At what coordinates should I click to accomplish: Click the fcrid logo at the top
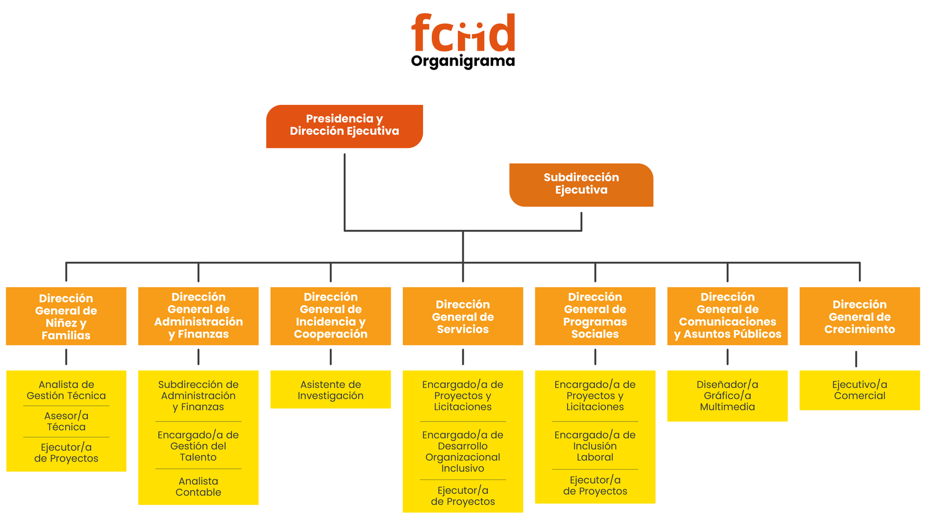coord(463,34)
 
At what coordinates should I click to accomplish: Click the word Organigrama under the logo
coord(463,61)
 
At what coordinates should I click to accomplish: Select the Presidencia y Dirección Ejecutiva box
coord(344,126)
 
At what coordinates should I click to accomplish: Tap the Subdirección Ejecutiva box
coord(581,184)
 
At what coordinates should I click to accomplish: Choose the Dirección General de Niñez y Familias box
coord(66,316)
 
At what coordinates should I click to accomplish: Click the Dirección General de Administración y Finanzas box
coord(199,316)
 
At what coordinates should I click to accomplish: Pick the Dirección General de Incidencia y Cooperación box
coord(330,316)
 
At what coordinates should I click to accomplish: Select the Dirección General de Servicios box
coord(463,316)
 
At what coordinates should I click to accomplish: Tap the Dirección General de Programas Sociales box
coord(595,316)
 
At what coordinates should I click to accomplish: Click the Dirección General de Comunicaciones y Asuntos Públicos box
coord(727,316)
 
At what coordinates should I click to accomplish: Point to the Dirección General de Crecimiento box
coord(859,316)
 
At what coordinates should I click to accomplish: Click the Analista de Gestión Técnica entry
coord(66,390)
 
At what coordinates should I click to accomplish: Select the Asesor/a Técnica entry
coord(66,421)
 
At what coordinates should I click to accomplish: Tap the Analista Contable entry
coord(199,486)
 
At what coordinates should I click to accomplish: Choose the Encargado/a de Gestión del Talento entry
coord(199,446)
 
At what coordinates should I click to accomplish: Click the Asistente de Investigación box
coord(330,390)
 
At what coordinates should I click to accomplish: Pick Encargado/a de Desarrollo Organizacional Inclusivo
coord(463,451)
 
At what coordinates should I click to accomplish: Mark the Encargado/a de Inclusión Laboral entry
coord(595,446)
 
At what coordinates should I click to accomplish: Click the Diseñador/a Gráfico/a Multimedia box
coord(727,395)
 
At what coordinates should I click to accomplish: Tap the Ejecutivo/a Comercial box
coord(859,390)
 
